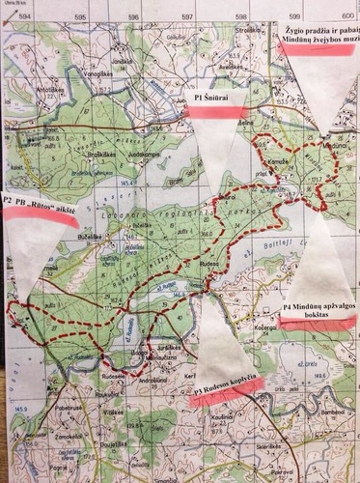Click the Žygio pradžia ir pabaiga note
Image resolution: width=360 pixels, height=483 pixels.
pos(318,37)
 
